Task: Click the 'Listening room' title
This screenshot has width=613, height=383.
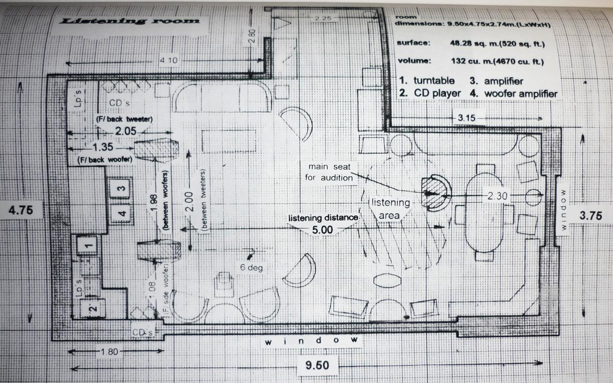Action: pyautogui.click(x=130, y=21)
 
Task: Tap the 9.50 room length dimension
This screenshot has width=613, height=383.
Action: pyautogui.click(x=317, y=365)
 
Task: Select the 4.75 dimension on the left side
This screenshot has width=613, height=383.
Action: pyautogui.click(x=21, y=210)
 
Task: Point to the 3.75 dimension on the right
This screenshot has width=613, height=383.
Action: pyautogui.click(x=591, y=216)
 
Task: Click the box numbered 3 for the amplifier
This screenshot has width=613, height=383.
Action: pyautogui.click(x=120, y=188)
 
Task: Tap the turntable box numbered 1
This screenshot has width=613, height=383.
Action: pyautogui.click(x=87, y=245)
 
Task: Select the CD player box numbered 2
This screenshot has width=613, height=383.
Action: pyautogui.click(x=93, y=309)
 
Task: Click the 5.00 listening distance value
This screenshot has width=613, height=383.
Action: pyautogui.click(x=323, y=230)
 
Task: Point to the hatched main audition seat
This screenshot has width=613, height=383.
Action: pyautogui.click(x=433, y=193)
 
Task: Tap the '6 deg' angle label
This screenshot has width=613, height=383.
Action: pyautogui.click(x=252, y=267)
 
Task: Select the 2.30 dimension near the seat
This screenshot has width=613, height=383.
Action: pyautogui.click(x=497, y=196)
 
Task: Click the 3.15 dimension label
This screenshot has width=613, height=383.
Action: pyautogui.click(x=467, y=118)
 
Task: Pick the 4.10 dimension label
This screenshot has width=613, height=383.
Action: pyautogui.click(x=169, y=60)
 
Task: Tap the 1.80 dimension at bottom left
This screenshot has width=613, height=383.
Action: pyautogui.click(x=109, y=352)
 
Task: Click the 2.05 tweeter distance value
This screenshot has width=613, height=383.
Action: pyautogui.click(x=126, y=131)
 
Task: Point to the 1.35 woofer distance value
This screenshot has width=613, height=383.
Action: pyautogui.click(x=103, y=147)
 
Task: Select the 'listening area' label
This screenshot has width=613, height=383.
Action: pyautogui.click(x=390, y=209)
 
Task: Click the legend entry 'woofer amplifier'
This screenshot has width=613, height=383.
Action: pyautogui.click(x=521, y=94)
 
